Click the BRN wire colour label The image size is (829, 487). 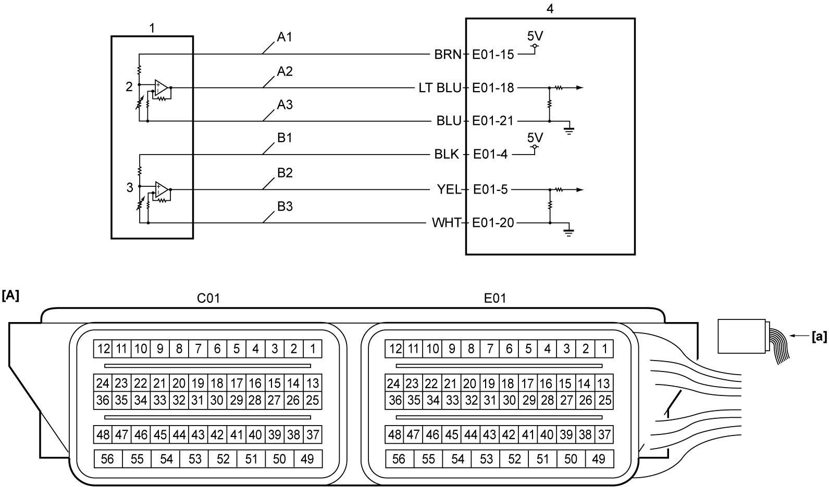(448, 55)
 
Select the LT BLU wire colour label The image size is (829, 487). (440, 88)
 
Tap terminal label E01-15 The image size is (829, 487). (493, 55)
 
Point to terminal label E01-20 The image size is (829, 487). (493, 223)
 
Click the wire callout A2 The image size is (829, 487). (284, 71)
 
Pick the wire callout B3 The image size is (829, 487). (284, 206)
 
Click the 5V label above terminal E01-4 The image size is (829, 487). (535, 138)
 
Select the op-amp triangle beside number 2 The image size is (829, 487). (162, 88)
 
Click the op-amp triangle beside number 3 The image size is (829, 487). (162, 190)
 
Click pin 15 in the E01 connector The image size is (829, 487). (565, 383)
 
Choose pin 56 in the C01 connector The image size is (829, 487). (108, 459)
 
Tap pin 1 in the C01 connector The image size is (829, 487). (313, 349)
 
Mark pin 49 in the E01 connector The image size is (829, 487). (599, 459)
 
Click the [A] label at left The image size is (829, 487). (10, 296)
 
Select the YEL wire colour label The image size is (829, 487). (449, 190)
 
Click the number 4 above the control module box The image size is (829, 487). (550, 9)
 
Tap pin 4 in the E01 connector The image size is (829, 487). (547, 349)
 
